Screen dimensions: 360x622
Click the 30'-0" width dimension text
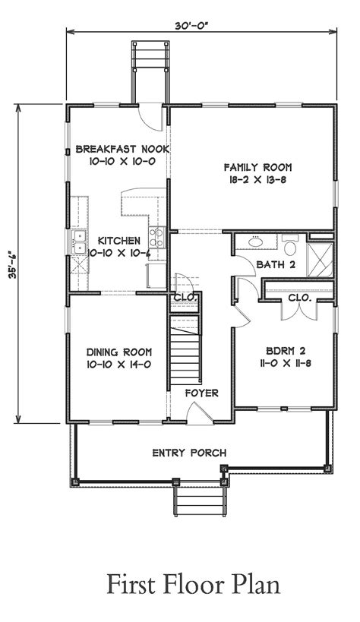(x=191, y=26)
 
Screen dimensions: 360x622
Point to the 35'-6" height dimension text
(x=14, y=264)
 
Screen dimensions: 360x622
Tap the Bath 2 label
(x=276, y=264)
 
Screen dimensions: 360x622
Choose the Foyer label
(x=201, y=393)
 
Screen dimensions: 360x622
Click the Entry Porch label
(x=189, y=453)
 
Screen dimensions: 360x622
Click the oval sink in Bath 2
(x=256, y=241)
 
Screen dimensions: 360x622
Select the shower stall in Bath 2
(x=321, y=259)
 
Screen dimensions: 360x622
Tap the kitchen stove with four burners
(x=156, y=237)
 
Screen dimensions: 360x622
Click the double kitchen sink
(x=80, y=242)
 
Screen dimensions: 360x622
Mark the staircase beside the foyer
(x=185, y=351)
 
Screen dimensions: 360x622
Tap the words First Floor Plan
(x=194, y=584)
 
